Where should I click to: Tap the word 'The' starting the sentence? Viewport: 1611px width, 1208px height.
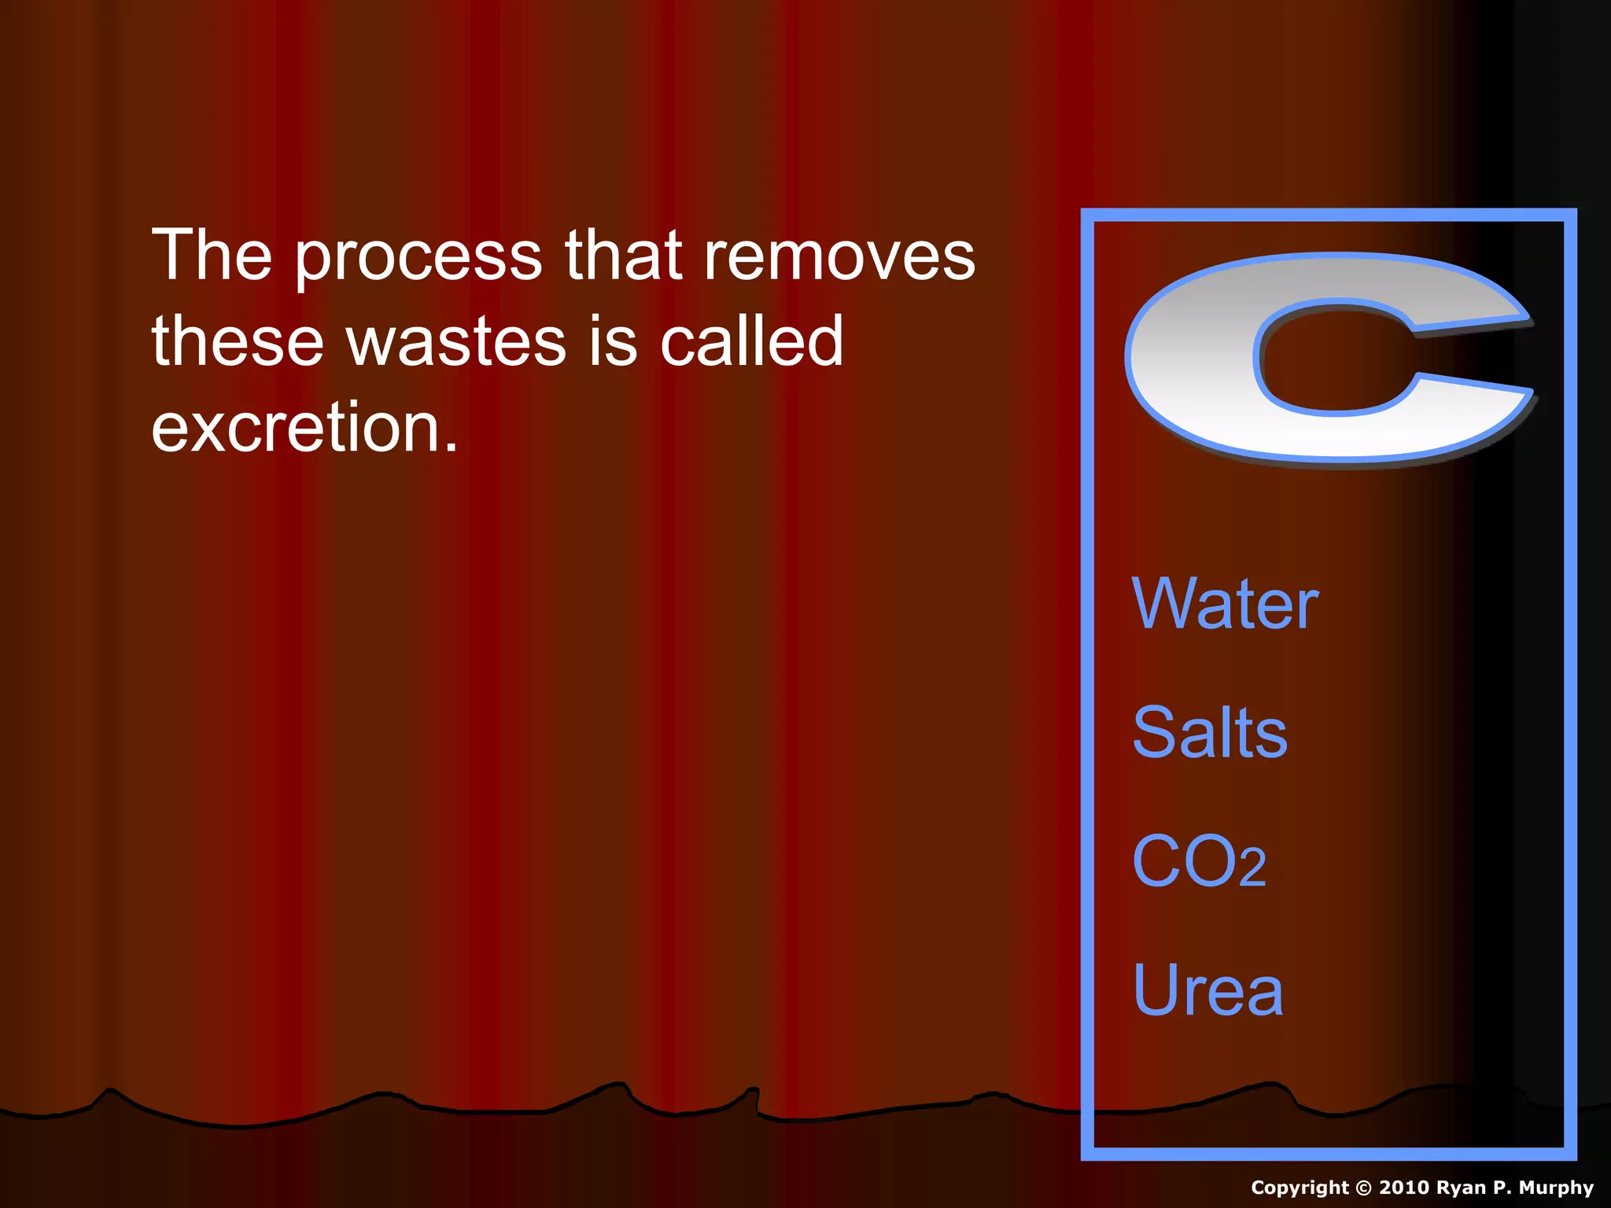[x=212, y=256]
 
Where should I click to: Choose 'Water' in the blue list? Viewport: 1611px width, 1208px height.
[x=1225, y=604]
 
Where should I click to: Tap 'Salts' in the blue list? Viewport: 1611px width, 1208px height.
[x=1210, y=733]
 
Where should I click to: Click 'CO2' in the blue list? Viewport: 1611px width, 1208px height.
[x=1199, y=862]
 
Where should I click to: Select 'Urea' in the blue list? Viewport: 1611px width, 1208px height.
[x=1207, y=990]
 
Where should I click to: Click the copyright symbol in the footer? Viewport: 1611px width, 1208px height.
[x=1363, y=1188]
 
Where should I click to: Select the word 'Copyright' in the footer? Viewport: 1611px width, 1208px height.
[x=1299, y=1188]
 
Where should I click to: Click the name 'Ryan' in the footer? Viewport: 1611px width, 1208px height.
[x=1462, y=1188]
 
